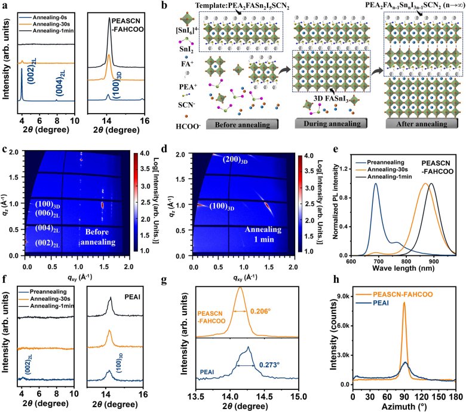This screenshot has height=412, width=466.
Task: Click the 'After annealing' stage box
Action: coord(421,124)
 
